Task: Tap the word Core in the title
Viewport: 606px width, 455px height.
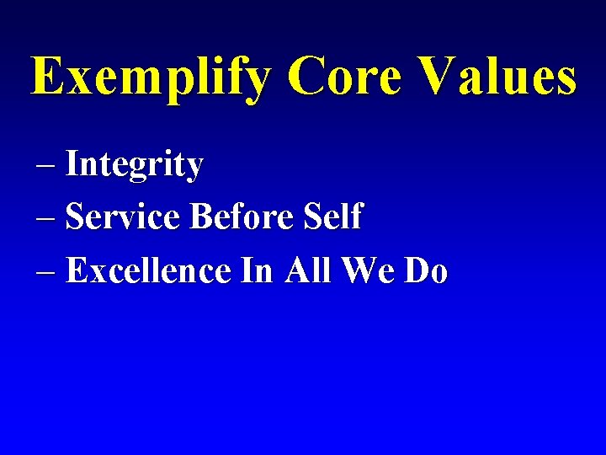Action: click(348, 77)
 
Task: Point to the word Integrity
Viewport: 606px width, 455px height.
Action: click(135, 165)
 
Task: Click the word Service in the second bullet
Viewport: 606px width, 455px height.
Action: click(124, 217)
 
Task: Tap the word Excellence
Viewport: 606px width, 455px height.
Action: click(148, 270)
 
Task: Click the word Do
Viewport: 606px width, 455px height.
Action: click(427, 270)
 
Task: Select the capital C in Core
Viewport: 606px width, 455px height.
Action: click(307, 77)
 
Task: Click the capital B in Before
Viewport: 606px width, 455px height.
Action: click(203, 217)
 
